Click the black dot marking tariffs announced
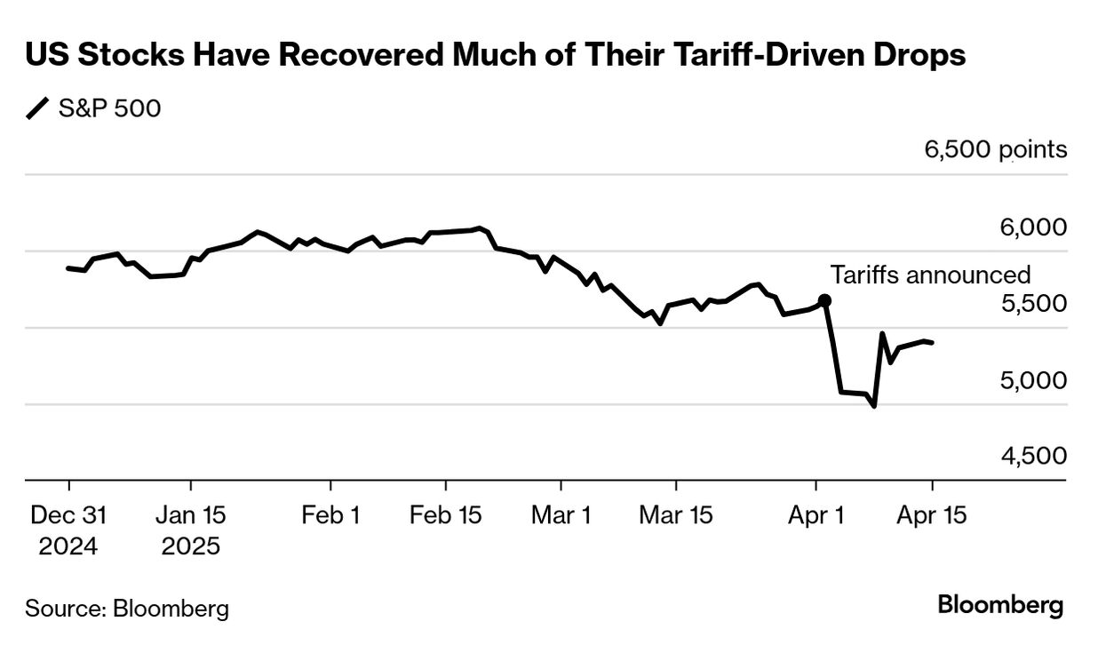point(824,300)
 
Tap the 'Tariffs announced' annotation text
point(930,275)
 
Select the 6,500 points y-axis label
point(996,149)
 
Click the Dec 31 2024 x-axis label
point(68,530)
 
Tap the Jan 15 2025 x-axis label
point(190,530)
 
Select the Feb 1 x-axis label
point(330,515)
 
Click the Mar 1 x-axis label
point(561,515)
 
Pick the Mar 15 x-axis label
point(675,515)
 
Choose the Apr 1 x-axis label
point(816,515)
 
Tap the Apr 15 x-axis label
point(931,515)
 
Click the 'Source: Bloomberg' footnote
point(127,609)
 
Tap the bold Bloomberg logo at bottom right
point(1000,607)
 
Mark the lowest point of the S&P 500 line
point(874,406)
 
